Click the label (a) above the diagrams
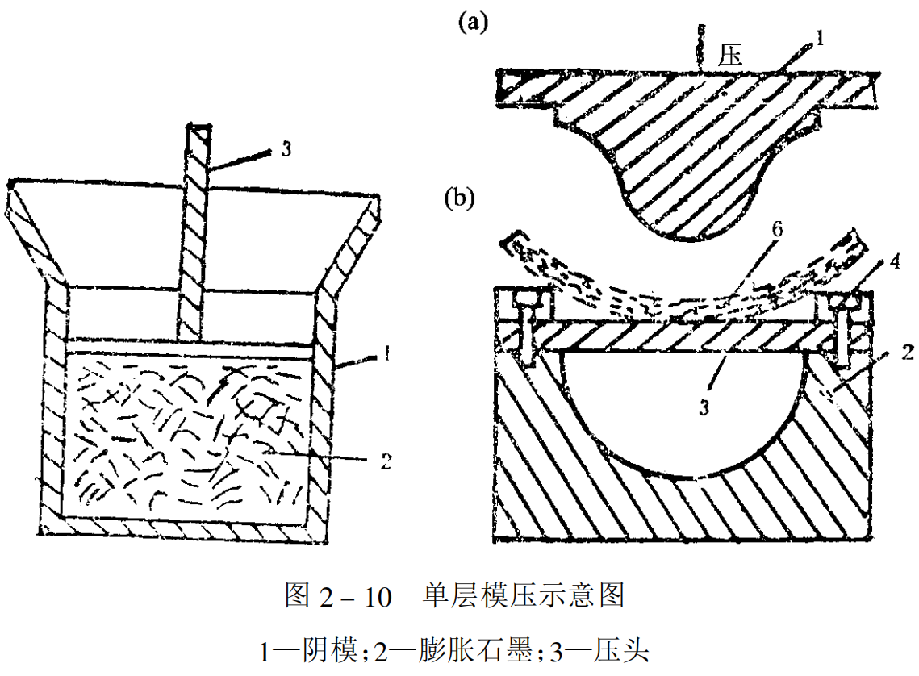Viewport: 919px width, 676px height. point(474,23)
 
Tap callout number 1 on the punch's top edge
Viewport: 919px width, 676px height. point(819,37)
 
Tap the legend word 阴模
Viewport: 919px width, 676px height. point(323,649)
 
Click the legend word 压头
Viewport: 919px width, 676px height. point(621,649)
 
